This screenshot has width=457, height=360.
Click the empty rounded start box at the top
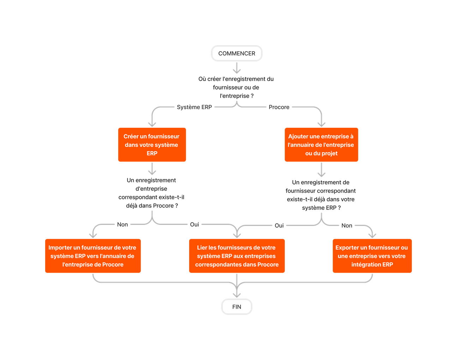236,53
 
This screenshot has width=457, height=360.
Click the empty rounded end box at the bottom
236,307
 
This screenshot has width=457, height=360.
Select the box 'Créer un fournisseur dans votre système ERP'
152,145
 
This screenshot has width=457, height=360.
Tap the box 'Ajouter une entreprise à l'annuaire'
321,145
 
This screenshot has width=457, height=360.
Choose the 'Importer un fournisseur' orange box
93,256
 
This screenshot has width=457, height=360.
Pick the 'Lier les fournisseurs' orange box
237,256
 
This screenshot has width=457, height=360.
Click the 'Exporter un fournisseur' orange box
372,256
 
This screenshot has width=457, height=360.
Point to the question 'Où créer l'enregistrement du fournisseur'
236,87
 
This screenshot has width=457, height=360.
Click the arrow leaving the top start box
237,68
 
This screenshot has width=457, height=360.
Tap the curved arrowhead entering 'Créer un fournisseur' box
152,124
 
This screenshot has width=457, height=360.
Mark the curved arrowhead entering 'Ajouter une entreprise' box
321,124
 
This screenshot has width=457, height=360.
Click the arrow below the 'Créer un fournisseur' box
152,169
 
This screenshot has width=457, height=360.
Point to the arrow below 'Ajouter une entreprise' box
321,170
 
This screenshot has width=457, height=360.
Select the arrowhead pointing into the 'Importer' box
93,235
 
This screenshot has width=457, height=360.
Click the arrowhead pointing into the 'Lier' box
237,235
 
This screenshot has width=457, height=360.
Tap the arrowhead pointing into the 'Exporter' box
372,235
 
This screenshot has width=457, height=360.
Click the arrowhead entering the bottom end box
237,294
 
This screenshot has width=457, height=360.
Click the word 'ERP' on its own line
152,153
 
